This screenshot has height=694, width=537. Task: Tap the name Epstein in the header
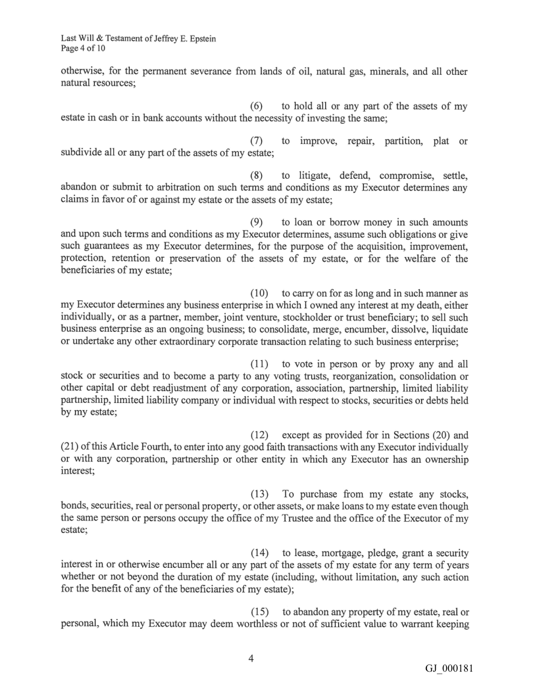point(200,39)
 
